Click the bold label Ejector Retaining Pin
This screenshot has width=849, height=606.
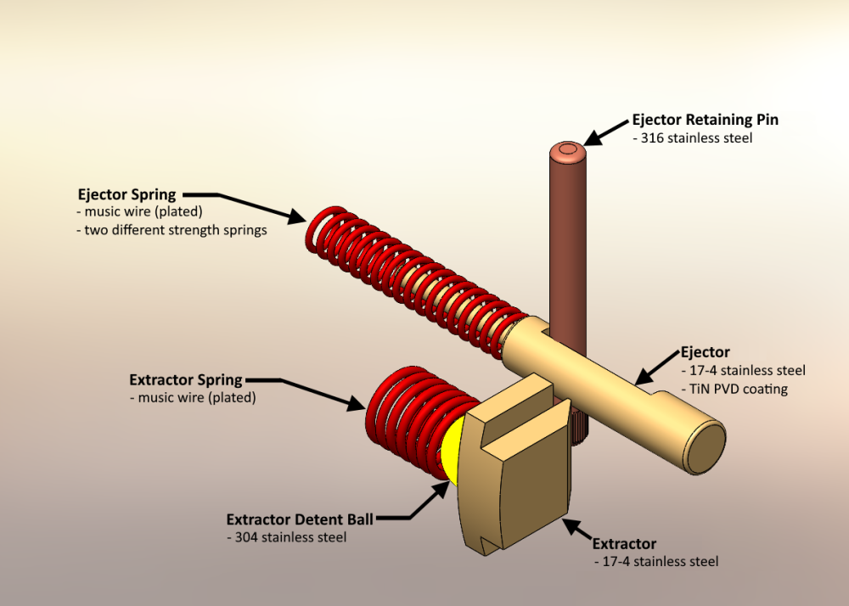coord(705,120)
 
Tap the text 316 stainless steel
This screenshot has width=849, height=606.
coord(693,137)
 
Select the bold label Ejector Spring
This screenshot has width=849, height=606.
coord(127,194)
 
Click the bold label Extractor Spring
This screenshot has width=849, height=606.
coord(186,379)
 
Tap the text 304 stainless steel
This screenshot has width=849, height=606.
coord(287,537)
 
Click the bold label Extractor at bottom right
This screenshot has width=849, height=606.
coord(624,543)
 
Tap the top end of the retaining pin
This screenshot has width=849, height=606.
coord(565,152)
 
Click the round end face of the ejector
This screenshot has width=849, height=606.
coord(706,447)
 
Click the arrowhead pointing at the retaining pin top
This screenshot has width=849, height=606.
coord(593,136)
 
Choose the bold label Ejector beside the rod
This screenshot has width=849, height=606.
coord(705,351)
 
